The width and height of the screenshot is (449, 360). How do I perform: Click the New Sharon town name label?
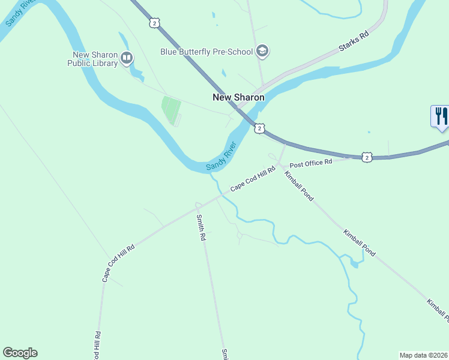pyautogui.click(x=238, y=97)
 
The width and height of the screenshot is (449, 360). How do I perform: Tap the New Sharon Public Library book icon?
pyautogui.click(x=127, y=58)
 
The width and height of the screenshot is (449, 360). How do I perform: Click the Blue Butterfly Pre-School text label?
pyautogui.click(x=206, y=52)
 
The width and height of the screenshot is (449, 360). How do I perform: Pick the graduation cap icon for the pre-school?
pyautogui.click(x=262, y=52)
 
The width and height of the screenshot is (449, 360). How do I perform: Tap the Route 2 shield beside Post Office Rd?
pyautogui.click(x=367, y=157)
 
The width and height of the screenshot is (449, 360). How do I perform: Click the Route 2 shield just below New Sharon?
pyautogui.click(x=259, y=128)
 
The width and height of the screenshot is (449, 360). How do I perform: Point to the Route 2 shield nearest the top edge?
pyautogui.click(x=155, y=23)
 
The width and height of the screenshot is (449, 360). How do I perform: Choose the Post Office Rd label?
pyautogui.click(x=311, y=163)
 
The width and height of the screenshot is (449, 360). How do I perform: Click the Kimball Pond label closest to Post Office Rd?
pyautogui.click(x=299, y=186)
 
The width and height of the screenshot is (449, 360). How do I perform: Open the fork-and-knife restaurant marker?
pyautogui.click(x=440, y=116)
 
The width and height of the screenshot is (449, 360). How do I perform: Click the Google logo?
pyautogui.click(x=20, y=353)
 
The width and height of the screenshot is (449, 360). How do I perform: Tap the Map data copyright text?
pyautogui.click(x=423, y=355)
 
